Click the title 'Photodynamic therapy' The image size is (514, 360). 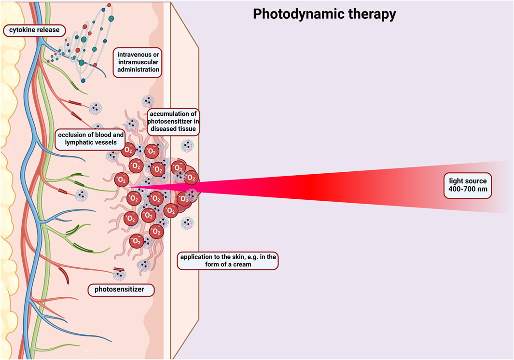(324, 14)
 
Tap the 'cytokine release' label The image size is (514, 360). (32, 30)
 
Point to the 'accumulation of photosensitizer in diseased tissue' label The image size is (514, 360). (172, 122)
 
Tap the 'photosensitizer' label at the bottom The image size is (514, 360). (122, 290)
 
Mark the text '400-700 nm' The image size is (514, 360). (467, 189)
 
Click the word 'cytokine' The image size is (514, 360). (20, 30)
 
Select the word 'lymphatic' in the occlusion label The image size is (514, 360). (77, 142)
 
